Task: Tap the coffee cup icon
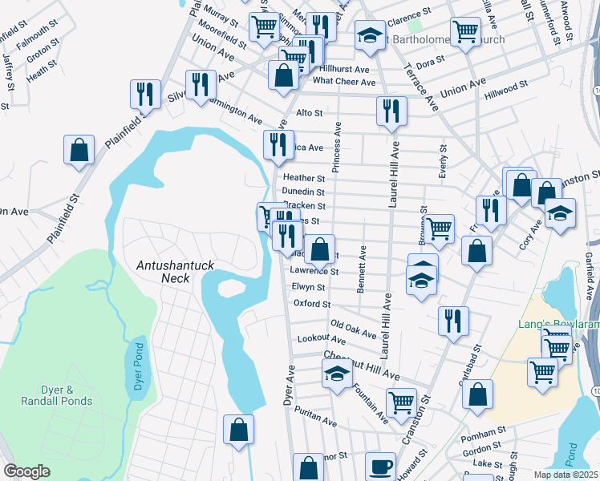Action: click(380, 466)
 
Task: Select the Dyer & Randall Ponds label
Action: click(57, 394)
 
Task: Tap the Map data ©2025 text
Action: click(563, 475)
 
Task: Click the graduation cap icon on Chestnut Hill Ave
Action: click(338, 374)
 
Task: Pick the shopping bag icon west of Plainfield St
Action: click(79, 150)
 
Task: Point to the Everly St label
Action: click(442, 160)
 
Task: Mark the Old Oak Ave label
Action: click(354, 329)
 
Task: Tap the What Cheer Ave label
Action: click(344, 82)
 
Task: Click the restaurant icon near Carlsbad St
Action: click(453, 320)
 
